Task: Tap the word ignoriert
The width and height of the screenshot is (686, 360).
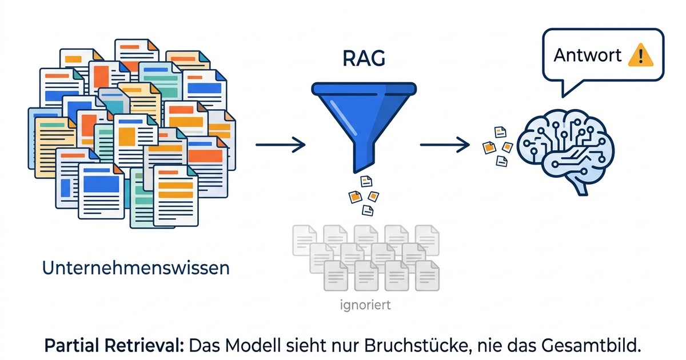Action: [x=365, y=305]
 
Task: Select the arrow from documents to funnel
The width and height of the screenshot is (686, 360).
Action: [x=280, y=145]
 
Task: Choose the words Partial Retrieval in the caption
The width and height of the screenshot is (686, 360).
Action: [x=116, y=346]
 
